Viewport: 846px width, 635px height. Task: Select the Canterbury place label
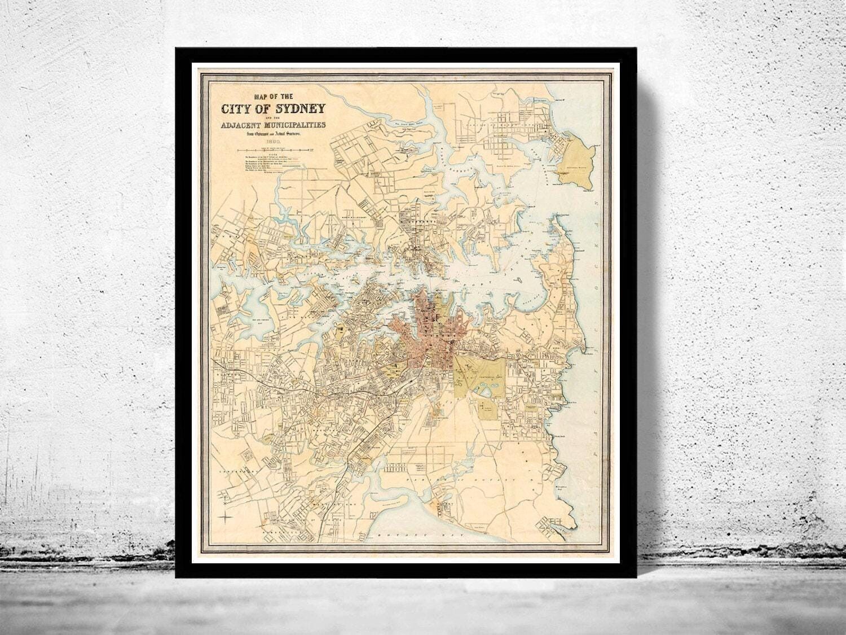pyautogui.click(x=231, y=470)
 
